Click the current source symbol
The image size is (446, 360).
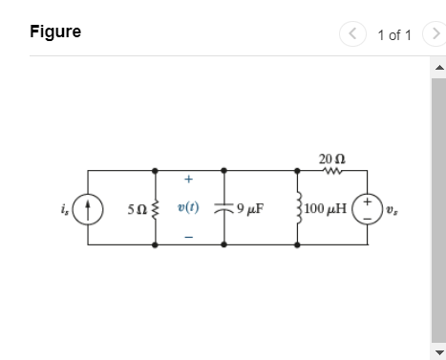tap(88, 209)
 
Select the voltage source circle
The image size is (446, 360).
tap(367, 209)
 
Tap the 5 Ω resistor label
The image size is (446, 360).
tap(138, 209)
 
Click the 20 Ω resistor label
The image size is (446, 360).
tap(332, 159)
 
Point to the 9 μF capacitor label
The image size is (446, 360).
tap(250, 208)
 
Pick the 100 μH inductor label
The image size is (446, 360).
tap(325, 208)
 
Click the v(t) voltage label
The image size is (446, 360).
tap(188, 207)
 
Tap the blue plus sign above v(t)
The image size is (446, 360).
tap(188, 180)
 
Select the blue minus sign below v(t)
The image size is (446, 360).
tap(188, 237)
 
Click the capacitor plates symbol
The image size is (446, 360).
tap(223, 208)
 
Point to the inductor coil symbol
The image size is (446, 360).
tap(299, 208)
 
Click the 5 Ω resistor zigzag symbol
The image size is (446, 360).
tap(156, 209)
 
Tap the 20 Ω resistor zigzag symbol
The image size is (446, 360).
tap(332, 171)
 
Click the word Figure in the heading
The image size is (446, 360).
tap(55, 32)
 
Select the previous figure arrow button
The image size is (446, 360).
tap(352, 33)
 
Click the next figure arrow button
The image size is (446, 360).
tap(435, 33)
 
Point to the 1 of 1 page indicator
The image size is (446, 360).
tap(394, 35)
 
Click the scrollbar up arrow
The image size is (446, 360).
tap(439, 67)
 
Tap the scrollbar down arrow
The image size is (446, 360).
tap(439, 352)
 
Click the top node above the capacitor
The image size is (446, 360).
tap(223, 171)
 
